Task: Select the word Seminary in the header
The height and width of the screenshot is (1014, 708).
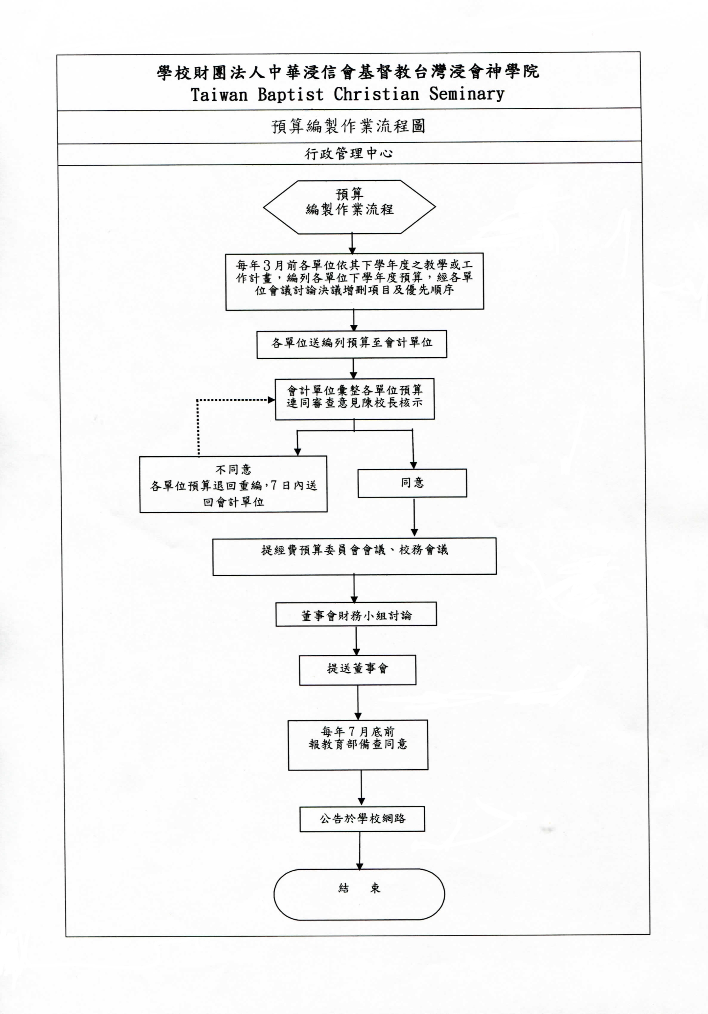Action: (467, 94)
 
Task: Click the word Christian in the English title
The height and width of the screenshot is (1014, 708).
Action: (376, 94)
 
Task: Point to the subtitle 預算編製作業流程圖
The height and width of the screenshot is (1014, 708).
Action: (348, 126)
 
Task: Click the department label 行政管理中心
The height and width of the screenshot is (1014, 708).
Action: (349, 153)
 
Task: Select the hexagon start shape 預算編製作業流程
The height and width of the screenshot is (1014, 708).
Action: (349, 207)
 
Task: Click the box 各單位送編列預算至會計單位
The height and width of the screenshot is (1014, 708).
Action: (352, 344)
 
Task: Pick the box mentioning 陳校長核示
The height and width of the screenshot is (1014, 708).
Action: (355, 399)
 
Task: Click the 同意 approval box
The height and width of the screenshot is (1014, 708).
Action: (412, 483)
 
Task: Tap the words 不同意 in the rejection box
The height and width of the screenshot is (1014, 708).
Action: (233, 469)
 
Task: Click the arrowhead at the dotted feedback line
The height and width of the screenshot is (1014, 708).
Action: (271, 400)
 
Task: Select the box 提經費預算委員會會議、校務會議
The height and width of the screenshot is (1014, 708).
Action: (355, 557)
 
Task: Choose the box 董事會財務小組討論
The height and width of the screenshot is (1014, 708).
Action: (356, 614)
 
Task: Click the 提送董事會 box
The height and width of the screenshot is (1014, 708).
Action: (358, 670)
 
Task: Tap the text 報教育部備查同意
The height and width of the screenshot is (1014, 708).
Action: (358, 744)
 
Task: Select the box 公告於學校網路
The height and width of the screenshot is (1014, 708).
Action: (362, 819)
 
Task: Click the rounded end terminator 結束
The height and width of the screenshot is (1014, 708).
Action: (359, 894)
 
